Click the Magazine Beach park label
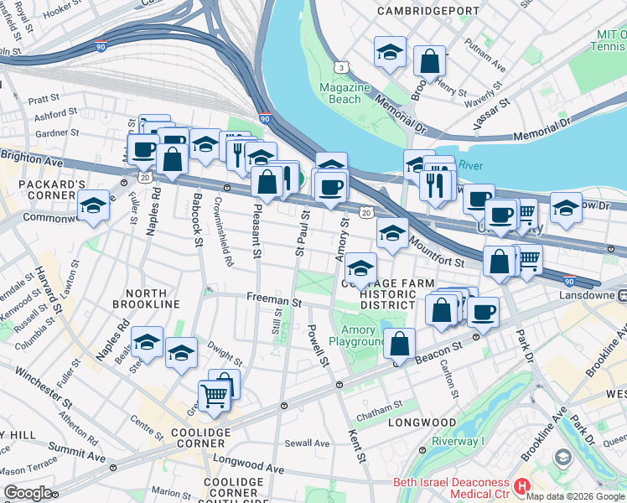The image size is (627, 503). pyautogui.click(x=345, y=93)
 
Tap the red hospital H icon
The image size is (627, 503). pyautogui.click(x=521, y=485)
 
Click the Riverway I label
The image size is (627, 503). pyautogui.click(x=458, y=442)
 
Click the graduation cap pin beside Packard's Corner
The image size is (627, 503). pyautogui.click(x=93, y=206)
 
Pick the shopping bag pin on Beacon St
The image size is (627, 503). pyautogui.click(x=401, y=344)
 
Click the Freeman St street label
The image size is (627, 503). pyautogui.click(x=273, y=298)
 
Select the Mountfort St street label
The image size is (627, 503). pyautogui.click(x=438, y=252)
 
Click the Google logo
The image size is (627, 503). pyautogui.click(x=28, y=492)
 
